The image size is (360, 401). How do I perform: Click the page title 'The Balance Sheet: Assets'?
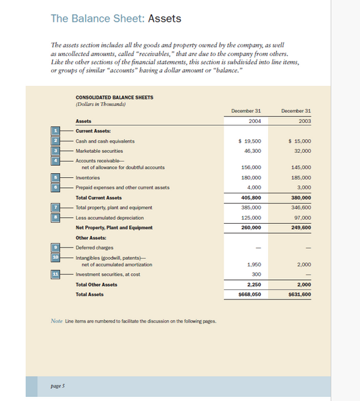pos(115,18)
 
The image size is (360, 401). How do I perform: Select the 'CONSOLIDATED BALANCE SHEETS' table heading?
pos(114,97)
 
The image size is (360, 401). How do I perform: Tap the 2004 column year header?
pos(246,121)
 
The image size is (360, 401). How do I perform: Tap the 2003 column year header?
pos(295,121)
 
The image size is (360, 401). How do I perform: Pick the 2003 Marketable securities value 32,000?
pos(301,150)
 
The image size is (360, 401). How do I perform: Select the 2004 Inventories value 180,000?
pos(251,177)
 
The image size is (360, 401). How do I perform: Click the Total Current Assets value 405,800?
pos(250,197)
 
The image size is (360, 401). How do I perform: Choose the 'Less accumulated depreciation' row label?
pos(109,218)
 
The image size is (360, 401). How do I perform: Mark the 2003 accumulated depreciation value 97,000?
pos(302,218)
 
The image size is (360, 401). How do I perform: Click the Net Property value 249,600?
pos(300,228)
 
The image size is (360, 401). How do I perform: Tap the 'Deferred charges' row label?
pos(94,247)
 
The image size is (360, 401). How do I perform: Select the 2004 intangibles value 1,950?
pos(254,264)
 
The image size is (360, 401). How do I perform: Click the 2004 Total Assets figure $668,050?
pos(249,295)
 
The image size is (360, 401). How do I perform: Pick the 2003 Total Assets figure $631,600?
pos(299,295)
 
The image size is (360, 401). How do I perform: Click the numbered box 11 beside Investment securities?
pos(55,274)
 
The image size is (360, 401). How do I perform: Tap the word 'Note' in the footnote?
pos(57,321)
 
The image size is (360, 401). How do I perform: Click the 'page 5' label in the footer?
pos(57,385)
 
